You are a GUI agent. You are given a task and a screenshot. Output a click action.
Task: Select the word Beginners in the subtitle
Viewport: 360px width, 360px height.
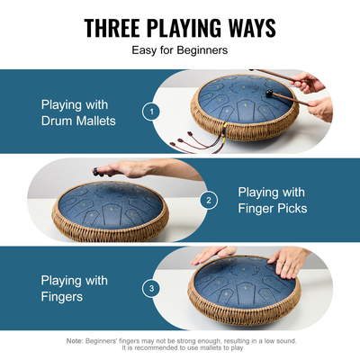[x=202, y=51]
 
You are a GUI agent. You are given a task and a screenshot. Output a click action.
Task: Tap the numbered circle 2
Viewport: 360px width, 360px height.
[x=210, y=200]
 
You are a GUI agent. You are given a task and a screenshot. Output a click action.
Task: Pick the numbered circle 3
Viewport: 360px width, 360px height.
[x=152, y=288]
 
